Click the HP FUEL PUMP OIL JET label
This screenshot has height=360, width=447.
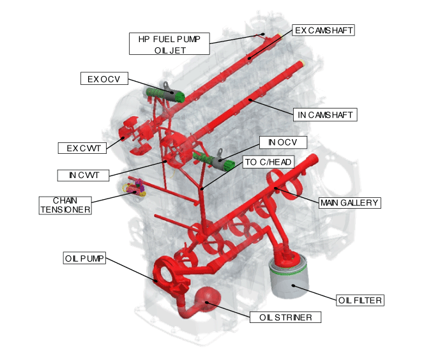[x=170, y=43]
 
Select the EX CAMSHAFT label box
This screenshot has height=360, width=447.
[x=324, y=30]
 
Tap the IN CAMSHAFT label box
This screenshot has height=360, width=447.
[x=325, y=115]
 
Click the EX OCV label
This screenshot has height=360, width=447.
[x=104, y=79]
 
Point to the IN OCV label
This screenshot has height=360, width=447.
[x=284, y=141]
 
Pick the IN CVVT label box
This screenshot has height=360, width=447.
[x=83, y=174]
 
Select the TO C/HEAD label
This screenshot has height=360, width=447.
[x=268, y=162]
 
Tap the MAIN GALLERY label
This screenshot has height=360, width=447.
[x=349, y=202]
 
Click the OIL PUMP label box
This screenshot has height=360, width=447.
[x=84, y=259]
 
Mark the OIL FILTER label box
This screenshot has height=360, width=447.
[x=360, y=299]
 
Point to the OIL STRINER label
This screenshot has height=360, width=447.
[x=285, y=317]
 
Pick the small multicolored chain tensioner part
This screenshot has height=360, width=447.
[x=133, y=188]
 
